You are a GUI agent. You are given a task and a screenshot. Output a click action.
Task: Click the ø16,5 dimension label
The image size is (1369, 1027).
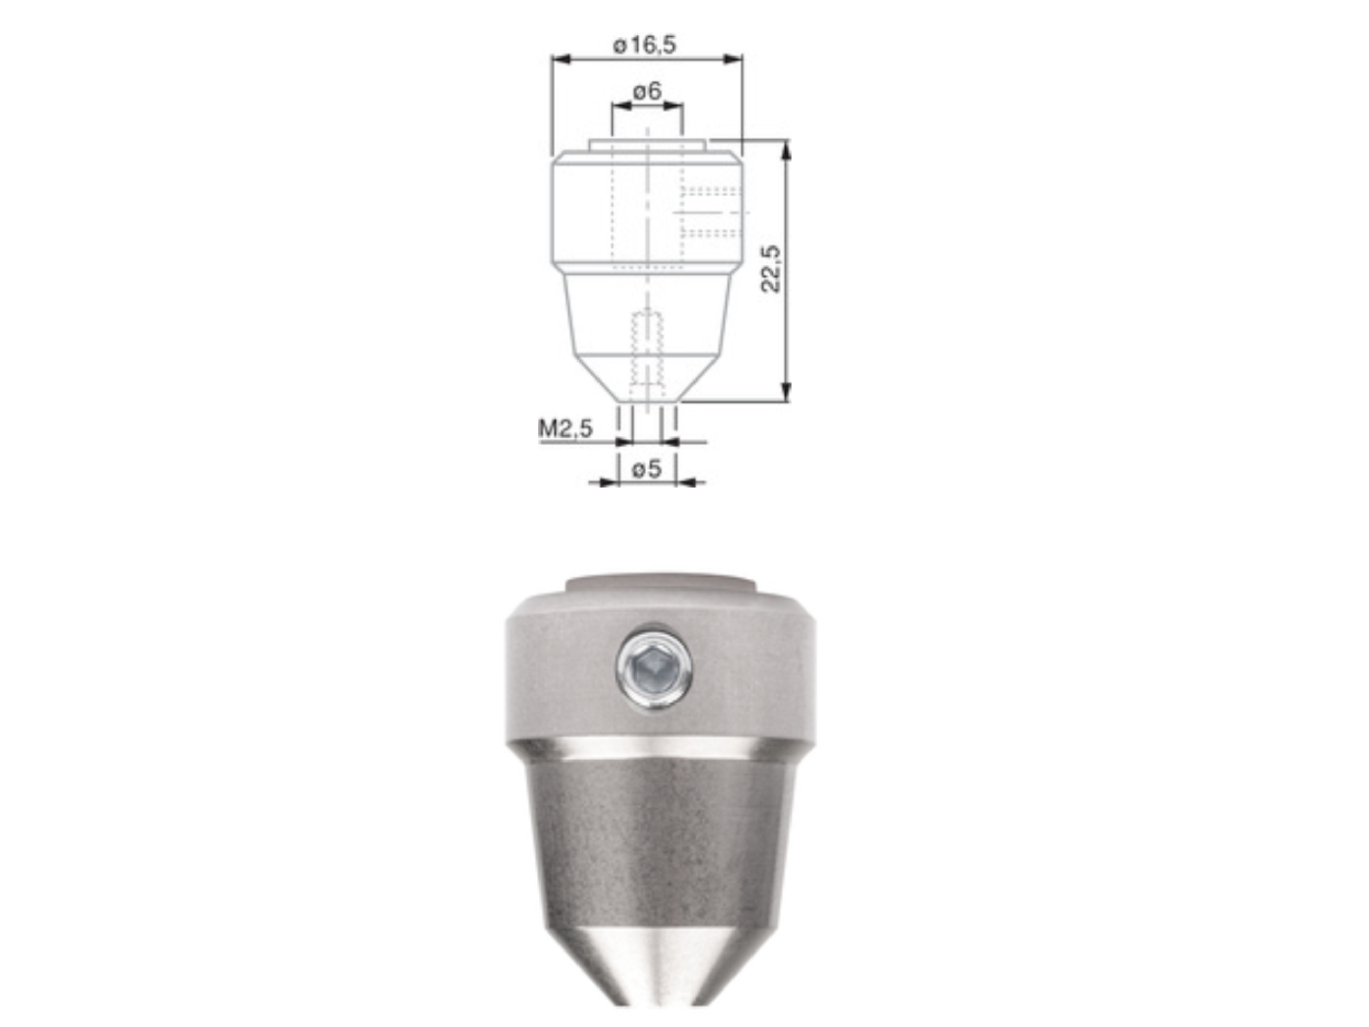click(645, 45)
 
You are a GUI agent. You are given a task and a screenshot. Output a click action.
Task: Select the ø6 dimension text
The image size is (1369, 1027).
click(647, 91)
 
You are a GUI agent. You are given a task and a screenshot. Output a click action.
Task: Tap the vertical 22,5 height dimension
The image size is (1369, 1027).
click(771, 269)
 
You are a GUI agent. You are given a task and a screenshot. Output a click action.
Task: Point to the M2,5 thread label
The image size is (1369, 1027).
click(565, 428)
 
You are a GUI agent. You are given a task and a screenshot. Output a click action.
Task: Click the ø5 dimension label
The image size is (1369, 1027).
click(647, 469)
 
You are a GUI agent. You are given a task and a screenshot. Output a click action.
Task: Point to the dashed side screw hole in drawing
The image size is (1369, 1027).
click(710, 213)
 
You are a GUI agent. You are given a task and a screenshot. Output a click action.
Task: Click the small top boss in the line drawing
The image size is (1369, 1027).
click(647, 145)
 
